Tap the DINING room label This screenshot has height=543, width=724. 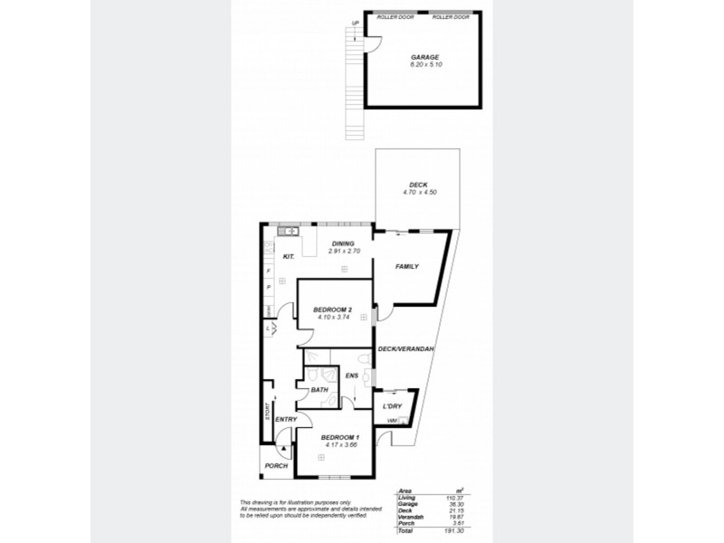coord(342,243)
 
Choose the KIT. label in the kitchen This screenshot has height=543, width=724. coord(290,257)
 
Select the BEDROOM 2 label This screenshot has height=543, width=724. coord(331,310)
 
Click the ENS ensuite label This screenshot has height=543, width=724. coord(352,376)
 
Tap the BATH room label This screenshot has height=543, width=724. coord(319,391)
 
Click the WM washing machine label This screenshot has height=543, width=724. coord(392,421)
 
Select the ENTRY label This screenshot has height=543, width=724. coord(286,420)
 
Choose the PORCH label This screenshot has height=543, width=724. coord(276,465)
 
